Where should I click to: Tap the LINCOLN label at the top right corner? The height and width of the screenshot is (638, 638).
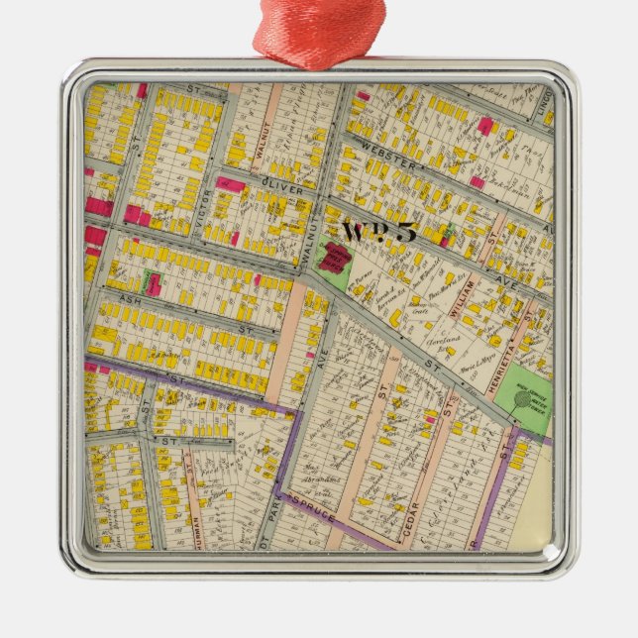pos(544,102)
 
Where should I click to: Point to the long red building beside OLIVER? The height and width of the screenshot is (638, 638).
pos(232,184)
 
